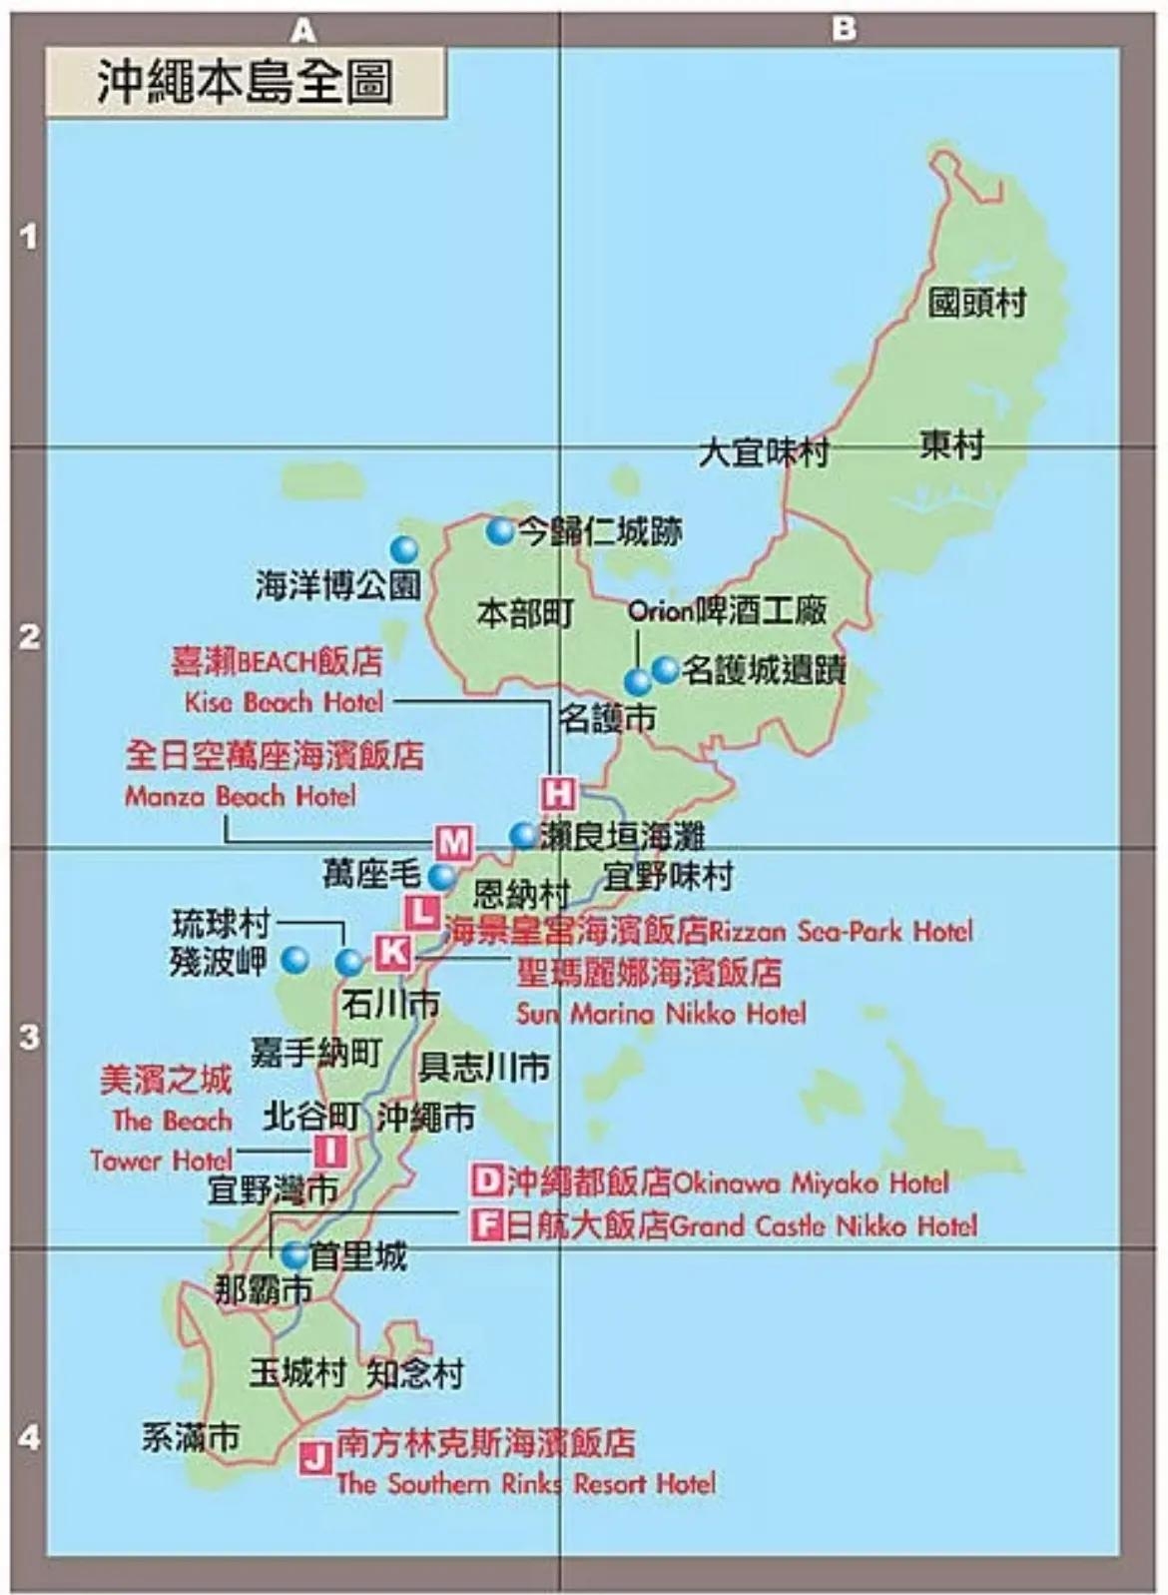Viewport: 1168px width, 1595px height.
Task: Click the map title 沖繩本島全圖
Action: [x=245, y=82]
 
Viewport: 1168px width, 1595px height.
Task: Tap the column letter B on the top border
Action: [x=844, y=29]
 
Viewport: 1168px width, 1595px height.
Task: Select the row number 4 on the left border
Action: [x=29, y=1437]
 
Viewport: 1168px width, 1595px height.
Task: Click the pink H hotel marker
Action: [x=558, y=794]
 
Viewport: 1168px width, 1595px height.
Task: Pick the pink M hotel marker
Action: [x=454, y=842]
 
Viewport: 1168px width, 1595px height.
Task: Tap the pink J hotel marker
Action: [x=316, y=1457]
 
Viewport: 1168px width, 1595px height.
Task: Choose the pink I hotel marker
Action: [x=330, y=1151]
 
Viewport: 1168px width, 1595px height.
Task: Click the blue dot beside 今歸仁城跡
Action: [x=500, y=530]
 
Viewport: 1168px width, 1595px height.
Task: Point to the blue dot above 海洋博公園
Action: [x=403, y=549]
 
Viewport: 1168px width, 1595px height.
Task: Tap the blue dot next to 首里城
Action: [x=294, y=1254]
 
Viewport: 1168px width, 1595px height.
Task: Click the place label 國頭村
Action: [x=976, y=303]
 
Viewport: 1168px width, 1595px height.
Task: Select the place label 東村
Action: [x=950, y=444]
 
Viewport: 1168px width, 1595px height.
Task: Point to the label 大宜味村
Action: [x=764, y=452]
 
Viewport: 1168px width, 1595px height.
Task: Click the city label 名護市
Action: [x=607, y=717]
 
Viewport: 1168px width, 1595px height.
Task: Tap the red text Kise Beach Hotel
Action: [x=284, y=702]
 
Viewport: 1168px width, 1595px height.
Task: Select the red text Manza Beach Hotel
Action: [x=240, y=796]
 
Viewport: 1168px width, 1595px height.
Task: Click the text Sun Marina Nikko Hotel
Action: [x=661, y=1014]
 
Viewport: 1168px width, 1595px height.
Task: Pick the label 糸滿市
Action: [x=190, y=1437]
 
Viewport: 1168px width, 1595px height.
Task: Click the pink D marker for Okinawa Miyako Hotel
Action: [x=486, y=1182]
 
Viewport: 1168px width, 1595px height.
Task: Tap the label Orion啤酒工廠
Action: [x=727, y=610]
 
